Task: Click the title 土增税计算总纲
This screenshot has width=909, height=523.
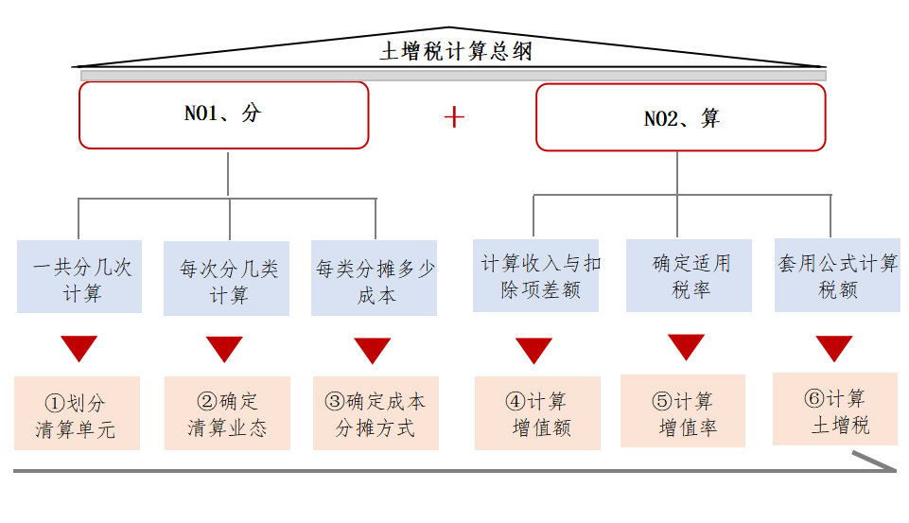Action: click(x=455, y=51)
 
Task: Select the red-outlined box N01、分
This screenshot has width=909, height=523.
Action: click(x=223, y=114)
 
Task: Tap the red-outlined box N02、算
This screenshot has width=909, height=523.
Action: click(x=681, y=117)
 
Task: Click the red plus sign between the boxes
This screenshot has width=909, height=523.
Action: click(x=455, y=116)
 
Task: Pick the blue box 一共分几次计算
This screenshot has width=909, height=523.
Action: click(x=80, y=277)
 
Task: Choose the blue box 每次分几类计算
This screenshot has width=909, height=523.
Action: click(x=227, y=279)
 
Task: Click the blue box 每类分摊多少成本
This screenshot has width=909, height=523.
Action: click(x=375, y=279)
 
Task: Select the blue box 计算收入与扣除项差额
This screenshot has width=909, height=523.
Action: click(x=536, y=275)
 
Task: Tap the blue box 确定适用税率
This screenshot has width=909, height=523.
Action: click(x=689, y=275)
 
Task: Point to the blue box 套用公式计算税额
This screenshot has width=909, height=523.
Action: click(x=836, y=275)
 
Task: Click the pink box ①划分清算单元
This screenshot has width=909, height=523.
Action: click(x=77, y=413)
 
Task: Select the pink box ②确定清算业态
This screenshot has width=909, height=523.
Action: click(x=227, y=413)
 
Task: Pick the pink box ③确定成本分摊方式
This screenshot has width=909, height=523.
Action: click(x=376, y=413)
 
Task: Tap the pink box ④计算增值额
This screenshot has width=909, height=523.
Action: click(x=537, y=413)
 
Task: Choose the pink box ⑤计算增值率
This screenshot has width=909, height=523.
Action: click(x=683, y=411)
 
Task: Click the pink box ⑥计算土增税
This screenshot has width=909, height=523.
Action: click(x=834, y=410)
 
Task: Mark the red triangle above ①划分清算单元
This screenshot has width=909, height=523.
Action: click(x=79, y=346)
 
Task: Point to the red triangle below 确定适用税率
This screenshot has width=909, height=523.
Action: click(x=687, y=345)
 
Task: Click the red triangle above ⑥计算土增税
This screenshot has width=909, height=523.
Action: click(x=834, y=347)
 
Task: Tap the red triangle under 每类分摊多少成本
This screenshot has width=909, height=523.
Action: click(x=373, y=349)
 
